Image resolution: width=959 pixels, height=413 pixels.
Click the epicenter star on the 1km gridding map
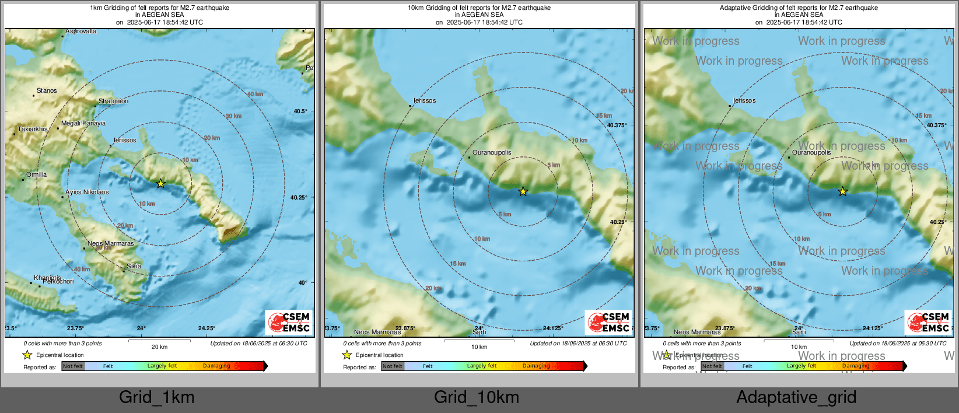point(161,183)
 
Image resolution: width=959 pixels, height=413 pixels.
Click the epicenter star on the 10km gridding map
point(523,191)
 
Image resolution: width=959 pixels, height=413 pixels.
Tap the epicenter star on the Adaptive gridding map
point(842,191)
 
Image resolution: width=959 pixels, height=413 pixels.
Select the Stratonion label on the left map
point(113,101)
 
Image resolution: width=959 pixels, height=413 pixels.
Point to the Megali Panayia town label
point(83,123)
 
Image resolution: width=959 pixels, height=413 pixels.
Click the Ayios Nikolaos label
point(87,192)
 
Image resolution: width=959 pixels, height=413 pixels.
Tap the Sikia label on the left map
point(134,266)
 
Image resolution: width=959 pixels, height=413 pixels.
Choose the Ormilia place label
point(37,174)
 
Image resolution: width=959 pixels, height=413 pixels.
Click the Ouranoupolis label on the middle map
point(492,152)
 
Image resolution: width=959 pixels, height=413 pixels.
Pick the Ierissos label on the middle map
point(425,100)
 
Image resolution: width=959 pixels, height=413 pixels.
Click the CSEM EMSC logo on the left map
point(289,322)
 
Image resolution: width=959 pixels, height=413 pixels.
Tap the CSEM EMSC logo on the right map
point(928,322)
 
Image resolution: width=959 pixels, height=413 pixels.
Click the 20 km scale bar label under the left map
point(159,346)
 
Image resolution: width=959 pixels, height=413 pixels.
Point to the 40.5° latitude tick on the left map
point(300,111)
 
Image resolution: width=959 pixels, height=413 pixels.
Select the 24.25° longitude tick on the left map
point(206,328)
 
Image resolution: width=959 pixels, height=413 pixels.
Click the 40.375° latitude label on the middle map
point(617,125)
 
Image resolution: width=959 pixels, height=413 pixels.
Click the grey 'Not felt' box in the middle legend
point(393,366)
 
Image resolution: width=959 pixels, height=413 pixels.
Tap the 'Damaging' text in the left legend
point(216,366)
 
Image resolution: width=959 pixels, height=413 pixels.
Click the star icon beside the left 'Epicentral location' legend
point(27,355)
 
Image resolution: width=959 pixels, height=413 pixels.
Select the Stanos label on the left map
point(47,90)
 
